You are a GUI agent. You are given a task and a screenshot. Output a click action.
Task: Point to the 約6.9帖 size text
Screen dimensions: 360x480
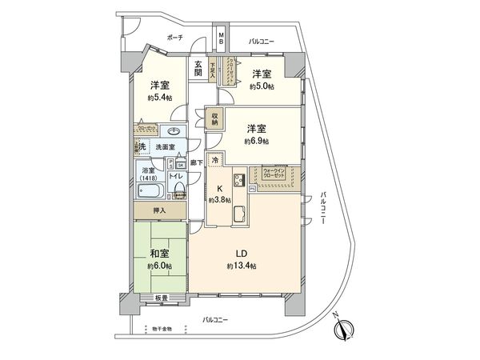pyautogui.click(x=256, y=141)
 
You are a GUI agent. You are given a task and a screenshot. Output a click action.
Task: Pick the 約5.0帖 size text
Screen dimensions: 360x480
pyautogui.click(x=262, y=86)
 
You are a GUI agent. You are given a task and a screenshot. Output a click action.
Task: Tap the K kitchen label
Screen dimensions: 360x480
pyautogui.click(x=218, y=190)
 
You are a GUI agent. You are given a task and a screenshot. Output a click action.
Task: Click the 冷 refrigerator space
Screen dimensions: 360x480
pyautogui.click(x=216, y=160)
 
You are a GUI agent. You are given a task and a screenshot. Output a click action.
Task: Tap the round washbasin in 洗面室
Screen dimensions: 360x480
pyautogui.click(x=174, y=132)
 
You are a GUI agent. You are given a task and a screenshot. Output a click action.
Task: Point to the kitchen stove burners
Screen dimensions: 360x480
pyautogui.click(x=239, y=178)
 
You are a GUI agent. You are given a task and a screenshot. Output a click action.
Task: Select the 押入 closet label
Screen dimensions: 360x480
pyautogui.click(x=160, y=210)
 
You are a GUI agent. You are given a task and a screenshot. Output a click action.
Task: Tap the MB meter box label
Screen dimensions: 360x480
pyautogui.click(x=222, y=38)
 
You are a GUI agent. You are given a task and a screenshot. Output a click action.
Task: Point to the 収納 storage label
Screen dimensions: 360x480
pyautogui.click(x=215, y=119)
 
